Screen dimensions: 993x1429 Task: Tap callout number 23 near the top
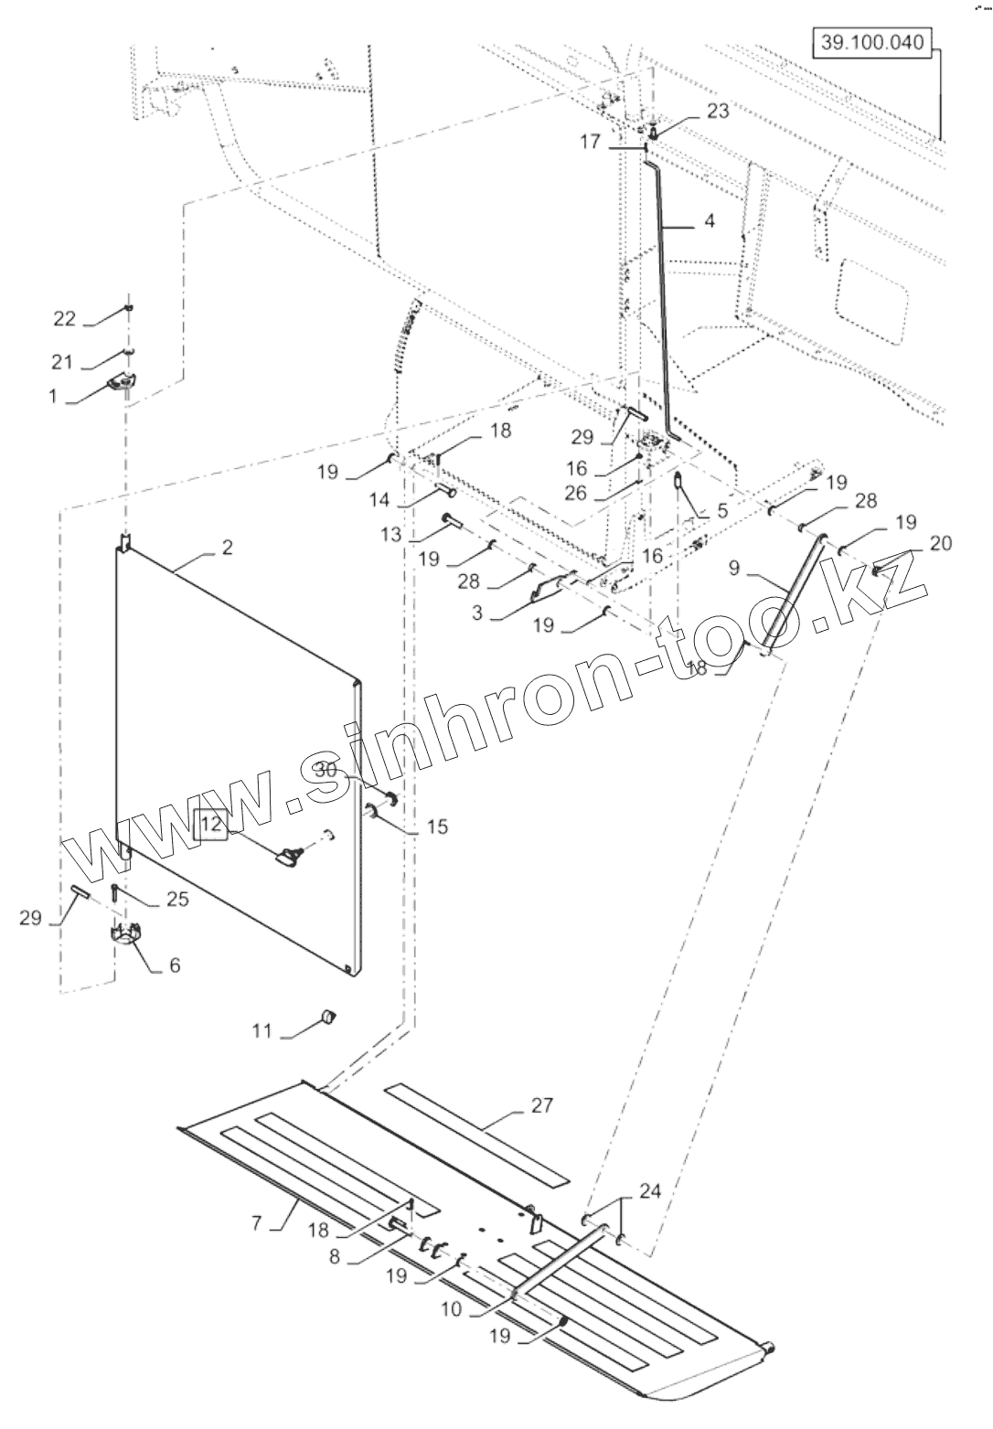click(718, 112)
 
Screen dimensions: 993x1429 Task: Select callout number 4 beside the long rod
click(710, 221)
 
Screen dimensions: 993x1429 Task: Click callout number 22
click(64, 318)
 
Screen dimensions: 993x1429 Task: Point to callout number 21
click(63, 363)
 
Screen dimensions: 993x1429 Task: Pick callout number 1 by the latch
click(53, 397)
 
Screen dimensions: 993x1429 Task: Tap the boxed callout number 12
click(211, 824)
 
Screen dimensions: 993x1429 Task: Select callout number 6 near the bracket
click(173, 965)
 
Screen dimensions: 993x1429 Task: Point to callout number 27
click(542, 1105)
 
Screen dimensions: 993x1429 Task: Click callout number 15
click(438, 827)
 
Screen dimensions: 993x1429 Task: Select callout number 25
click(177, 900)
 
